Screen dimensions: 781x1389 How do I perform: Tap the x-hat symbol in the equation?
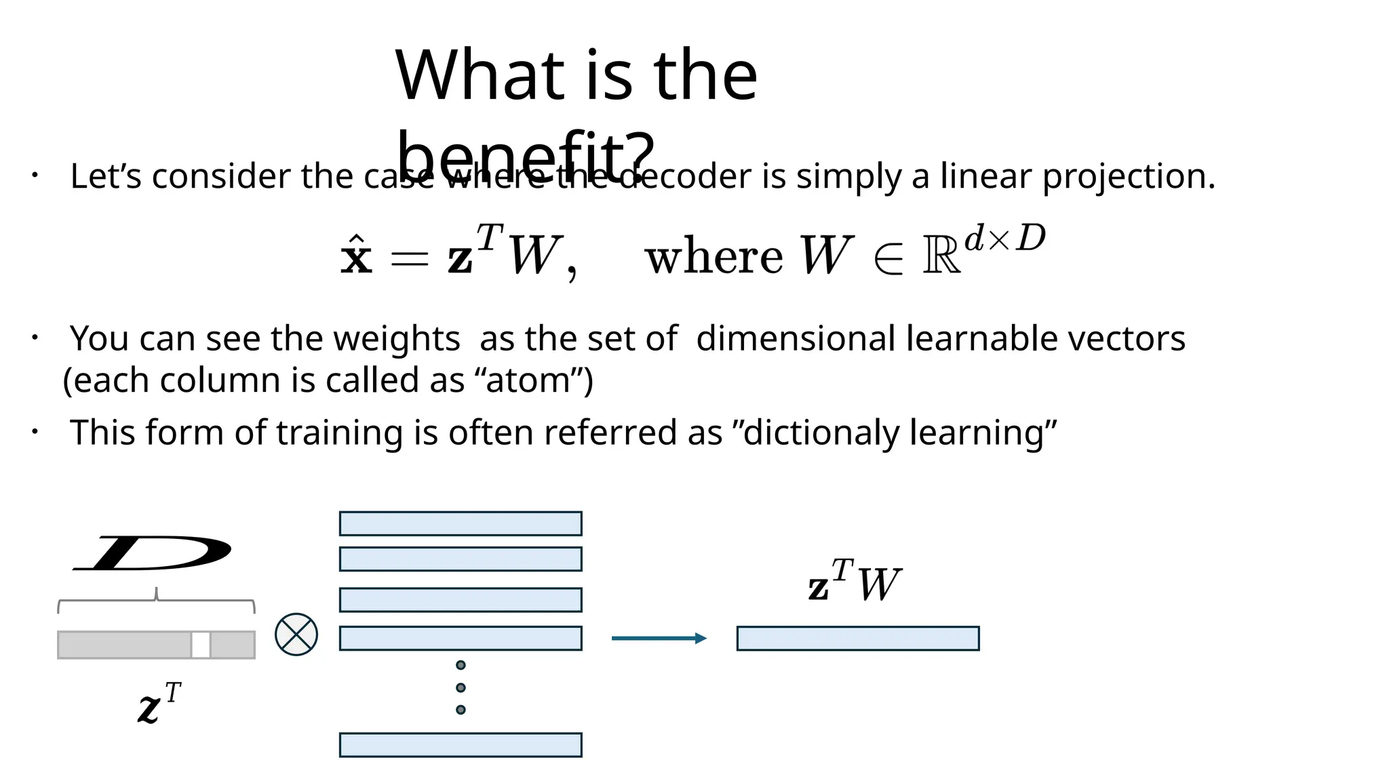pyautogui.click(x=356, y=256)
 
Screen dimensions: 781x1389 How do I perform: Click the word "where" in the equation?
pyautogui.click(x=713, y=258)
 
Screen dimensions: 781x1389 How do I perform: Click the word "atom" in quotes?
pyautogui.click(x=528, y=380)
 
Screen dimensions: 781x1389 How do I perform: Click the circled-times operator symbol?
pyautogui.click(x=296, y=635)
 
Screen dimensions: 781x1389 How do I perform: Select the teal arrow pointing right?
pyautogui.click(x=659, y=638)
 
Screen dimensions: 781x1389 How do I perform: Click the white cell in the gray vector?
pyautogui.click(x=201, y=645)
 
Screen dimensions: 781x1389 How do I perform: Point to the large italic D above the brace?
pyautogui.click(x=153, y=553)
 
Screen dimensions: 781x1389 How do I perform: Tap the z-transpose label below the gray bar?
pyautogui.click(x=159, y=703)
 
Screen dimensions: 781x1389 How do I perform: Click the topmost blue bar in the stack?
pyautogui.click(x=461, y=523)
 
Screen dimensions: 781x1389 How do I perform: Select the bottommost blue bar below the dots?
pyautogui.click(x=461, y=744)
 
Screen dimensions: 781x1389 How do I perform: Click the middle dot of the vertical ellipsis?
pyautogui.click(x=461, y=687)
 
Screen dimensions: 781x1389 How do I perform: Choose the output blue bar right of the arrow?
pyautogui.click(x=858, y=638)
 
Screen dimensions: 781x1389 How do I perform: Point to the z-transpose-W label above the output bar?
pyautogui.click(x=854, y=582)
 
